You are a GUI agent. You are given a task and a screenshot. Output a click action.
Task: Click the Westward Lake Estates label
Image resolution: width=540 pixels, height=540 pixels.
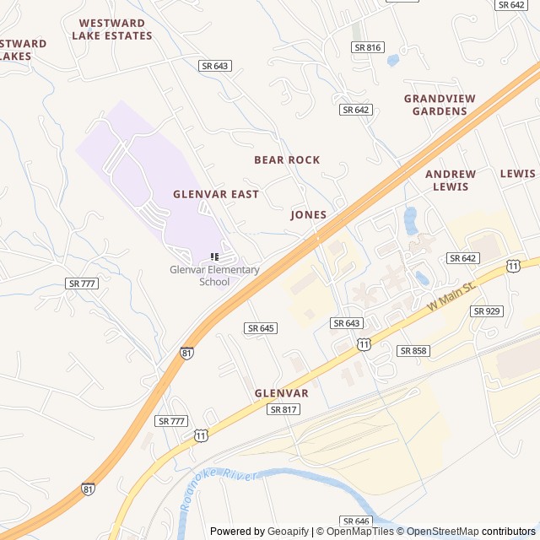[x=111, y=30]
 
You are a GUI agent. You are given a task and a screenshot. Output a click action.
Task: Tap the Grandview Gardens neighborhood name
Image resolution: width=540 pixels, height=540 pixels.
[x=440, y=105]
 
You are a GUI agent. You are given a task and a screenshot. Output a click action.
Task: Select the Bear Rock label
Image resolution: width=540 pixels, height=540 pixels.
[x=287, y=159]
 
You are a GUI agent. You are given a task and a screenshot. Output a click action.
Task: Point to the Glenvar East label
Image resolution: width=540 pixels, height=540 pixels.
[x=216, y=194]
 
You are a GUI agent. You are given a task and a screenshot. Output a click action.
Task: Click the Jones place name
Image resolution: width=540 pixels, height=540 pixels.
[x=309, y=215]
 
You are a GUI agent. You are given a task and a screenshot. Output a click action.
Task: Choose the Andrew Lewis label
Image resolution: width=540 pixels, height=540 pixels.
[x=451, y=181]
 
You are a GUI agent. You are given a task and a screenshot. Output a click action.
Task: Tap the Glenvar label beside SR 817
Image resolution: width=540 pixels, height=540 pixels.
[x=282, y=393]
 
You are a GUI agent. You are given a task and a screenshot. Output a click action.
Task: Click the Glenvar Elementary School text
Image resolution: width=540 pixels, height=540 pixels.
[x=214, y=276]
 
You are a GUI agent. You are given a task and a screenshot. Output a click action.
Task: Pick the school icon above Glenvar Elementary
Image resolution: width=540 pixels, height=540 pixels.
[x=214, y=256]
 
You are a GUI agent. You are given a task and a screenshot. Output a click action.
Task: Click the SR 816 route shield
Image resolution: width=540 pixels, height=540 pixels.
[x=369, y=48]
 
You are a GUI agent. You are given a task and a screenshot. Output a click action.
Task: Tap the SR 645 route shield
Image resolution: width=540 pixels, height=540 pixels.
[x=262, y=327]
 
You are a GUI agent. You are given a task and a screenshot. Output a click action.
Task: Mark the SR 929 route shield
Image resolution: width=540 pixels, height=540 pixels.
[x=487, y=311]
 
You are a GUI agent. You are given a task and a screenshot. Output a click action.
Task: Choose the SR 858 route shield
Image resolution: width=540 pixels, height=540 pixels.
[x=413, y=350]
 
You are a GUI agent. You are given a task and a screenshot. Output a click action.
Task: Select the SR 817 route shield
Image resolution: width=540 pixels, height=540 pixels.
[x=283, y=409]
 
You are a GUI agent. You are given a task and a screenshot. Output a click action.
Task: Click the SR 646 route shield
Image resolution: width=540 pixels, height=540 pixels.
[x=357, y=521]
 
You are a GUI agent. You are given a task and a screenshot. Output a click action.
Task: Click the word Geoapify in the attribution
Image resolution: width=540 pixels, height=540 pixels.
[x=288, y=532]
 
